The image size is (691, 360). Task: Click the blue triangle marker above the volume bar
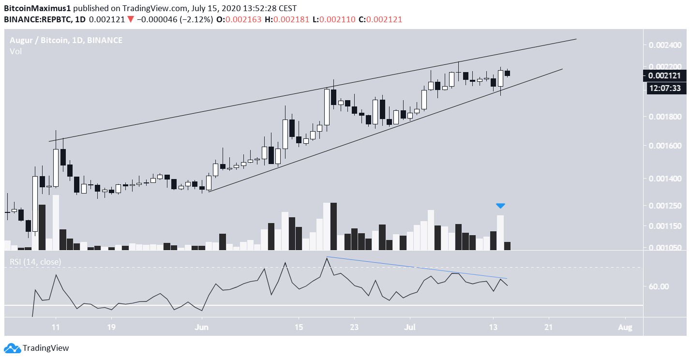(500, 206)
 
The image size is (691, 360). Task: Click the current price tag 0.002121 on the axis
(664, 75)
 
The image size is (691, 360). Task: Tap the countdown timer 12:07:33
(664, 88)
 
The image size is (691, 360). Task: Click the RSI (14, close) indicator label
(35, 262)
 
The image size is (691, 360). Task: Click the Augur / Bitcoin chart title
(66, 40)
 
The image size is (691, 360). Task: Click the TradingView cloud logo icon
(13, 347)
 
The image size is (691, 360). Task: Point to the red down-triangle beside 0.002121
(130, 19)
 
